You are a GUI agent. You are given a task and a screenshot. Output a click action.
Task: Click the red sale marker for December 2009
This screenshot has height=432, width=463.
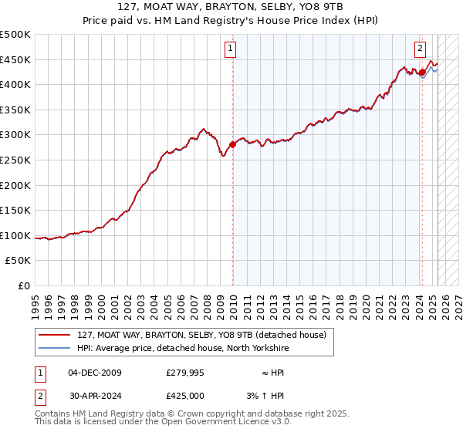tap(232, 144)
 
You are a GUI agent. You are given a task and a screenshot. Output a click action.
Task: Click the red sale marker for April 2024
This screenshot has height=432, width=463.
tap(423, 72)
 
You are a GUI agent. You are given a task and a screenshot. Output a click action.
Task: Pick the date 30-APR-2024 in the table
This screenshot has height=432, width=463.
tap(95, 396)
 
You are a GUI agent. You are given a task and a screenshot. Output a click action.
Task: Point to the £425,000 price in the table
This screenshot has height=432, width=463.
tap(185, 396)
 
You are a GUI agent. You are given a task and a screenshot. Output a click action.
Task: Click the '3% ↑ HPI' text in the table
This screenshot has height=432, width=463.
tap(266, 396)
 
